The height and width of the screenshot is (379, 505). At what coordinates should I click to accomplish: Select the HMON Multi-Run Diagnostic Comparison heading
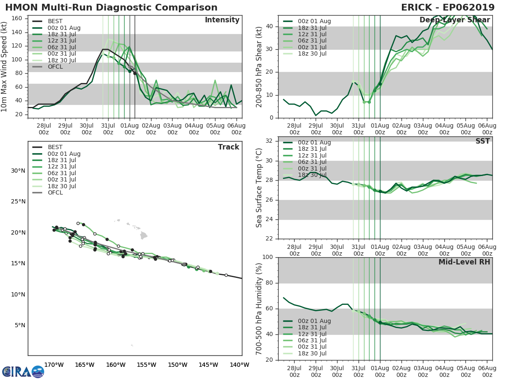pyautogui.click(x=111, y=8)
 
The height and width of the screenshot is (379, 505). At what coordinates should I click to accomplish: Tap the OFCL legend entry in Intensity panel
pyautogui.click(x=55, y=67)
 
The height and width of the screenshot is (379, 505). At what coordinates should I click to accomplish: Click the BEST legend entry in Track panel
pyautogui.click(x=55, y=147)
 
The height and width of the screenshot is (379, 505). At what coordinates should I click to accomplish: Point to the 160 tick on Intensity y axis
pyautogui.click(x=19, y=19)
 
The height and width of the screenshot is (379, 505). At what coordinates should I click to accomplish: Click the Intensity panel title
pyautogui.click(x=222, y=20)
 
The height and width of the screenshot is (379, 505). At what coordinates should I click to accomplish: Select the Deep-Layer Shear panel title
pyautogui.click(x=454, y=20)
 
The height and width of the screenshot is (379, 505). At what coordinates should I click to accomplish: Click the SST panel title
pyautogui.click(x=482, y=141)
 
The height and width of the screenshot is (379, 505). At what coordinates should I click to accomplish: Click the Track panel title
pyautogui.click(x=228, y=147)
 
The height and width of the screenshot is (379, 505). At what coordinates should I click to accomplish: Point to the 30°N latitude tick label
pyautogui.click(x=18, y=171)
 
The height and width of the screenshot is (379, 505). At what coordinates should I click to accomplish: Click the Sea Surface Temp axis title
pyautogui.click(x=259, y=187)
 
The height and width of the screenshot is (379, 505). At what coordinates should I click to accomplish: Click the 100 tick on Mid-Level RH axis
pyautogui.click(x=268, y=257)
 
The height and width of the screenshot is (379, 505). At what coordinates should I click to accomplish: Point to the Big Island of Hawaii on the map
pyautogui.click(x=144, y=235)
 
